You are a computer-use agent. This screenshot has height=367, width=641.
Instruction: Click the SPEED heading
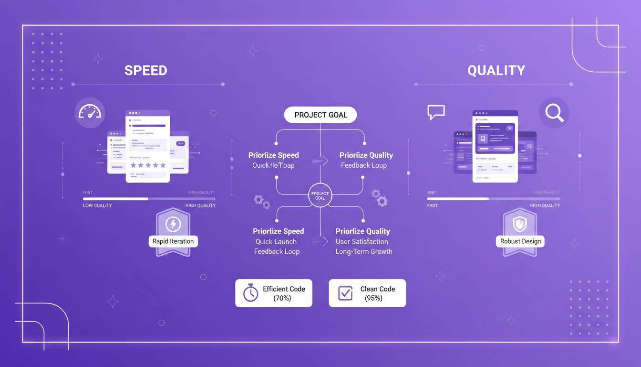click(145, 70)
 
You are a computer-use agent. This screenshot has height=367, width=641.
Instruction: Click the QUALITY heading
click(496, 70)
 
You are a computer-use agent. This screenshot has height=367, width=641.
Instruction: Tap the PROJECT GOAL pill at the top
click(320, 115)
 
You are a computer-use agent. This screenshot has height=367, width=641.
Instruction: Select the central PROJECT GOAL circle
click(320, 195)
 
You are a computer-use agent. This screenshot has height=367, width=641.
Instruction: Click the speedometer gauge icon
click(90, 113)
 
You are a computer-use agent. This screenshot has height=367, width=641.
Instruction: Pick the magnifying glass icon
click(554, 113)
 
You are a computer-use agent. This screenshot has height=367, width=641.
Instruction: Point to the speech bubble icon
click(436, 112)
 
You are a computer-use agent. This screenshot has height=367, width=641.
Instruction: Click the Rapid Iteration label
click(173, 241)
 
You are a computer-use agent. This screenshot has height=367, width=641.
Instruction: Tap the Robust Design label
click(520, 241)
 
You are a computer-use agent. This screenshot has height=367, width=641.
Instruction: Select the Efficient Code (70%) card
click(274, 293)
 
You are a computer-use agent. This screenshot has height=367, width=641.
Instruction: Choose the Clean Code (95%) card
click(367, 293)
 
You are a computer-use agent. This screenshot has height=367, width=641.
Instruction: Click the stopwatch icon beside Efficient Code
click(250, 293)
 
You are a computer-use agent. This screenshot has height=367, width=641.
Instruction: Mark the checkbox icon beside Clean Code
click(345, 293)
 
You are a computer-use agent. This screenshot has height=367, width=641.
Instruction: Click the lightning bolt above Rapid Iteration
click(173, 224)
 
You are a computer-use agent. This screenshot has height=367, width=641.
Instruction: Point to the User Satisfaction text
click(362, 242)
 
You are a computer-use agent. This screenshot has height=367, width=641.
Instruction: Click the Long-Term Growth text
click(363, 251)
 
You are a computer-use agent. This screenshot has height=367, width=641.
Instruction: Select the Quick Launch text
click(276, 242)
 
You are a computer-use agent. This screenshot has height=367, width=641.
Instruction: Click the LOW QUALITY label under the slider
click(97, 205)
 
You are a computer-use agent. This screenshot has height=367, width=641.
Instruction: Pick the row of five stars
click(148, 165)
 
